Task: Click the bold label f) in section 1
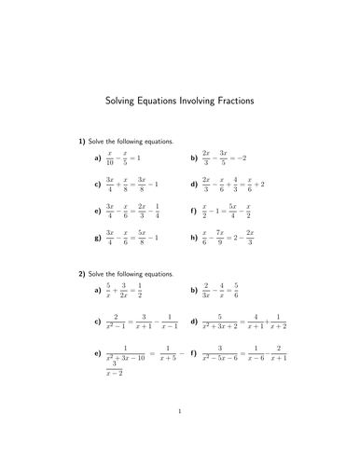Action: click(x=192, y=211)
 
